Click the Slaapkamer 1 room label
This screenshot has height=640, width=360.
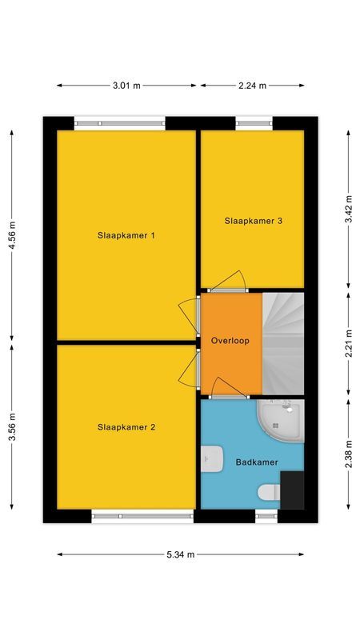[126, 235]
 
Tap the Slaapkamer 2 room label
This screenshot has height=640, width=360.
[126, 427]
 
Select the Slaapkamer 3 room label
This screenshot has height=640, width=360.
[253, 221]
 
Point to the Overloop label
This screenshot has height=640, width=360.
[230, 341]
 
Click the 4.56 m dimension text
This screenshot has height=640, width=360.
[11, 236]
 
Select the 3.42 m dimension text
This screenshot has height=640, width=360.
[350, 208]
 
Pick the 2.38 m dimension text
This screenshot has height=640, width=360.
[350, 453]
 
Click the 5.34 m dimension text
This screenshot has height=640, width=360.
[181, 554]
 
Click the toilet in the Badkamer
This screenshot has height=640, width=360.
[268, 492]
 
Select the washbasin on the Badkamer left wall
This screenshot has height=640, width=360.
[212, 458]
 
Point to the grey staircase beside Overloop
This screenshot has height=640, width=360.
[284, 344]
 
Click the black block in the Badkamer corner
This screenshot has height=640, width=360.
[292, 490]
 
